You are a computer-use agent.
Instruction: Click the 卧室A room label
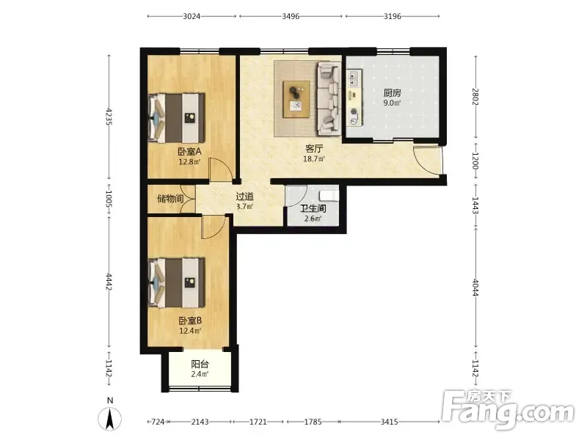click(x=189, y=152)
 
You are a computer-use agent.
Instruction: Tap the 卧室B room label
click(x=190, y=320)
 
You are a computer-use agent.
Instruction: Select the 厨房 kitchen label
click(x=392, y=93)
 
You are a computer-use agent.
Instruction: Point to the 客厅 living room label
click(x=314, y=149)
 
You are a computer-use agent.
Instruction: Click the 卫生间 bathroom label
click(x=313, y=208)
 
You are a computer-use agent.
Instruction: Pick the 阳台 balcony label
click(x=200, y=364)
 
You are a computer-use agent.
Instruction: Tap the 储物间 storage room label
click(x=170, y=198)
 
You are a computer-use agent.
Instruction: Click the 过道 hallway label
click(x=245, y=197)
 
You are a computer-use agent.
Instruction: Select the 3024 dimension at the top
click(x=192, y=16)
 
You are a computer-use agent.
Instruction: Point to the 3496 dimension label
click(x=291, y=16)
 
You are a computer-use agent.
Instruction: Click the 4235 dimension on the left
click(x=109, y=117)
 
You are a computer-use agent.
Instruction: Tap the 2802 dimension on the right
click(x=475, y=97)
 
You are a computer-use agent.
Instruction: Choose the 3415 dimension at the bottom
click(x=390, y=422)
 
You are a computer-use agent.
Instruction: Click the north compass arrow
click(x=109, y=419)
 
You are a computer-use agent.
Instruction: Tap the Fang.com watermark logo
click(x=507, y=410)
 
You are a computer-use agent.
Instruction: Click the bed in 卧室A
click(x=176, y=118)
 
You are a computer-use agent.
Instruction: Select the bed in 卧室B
click(x=176, y=283)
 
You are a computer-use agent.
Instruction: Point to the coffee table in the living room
click(x=296, y=99)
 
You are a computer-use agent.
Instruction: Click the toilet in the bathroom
click(x=329, y=195)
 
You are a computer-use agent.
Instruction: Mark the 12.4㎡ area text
click(x=190, y=331)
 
